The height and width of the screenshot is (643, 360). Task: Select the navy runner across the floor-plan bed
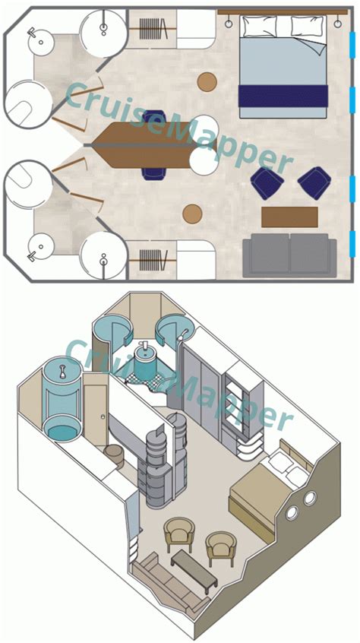283,96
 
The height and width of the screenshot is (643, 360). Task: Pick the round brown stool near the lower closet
193,214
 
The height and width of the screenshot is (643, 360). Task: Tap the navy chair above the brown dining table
154,117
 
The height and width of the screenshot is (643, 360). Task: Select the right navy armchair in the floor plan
314,182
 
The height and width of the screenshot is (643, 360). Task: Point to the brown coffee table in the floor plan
289,217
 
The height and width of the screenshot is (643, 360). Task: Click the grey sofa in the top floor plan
289,255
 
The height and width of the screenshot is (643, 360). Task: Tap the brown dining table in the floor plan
144,144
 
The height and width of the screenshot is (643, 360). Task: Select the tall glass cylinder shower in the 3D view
58,403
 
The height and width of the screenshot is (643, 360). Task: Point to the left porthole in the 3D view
292,512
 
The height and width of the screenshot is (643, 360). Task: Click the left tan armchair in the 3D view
180,533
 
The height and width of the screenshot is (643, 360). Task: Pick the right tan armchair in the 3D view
220,547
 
